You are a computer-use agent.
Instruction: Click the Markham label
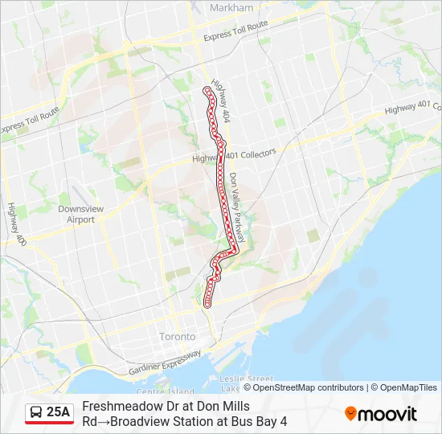(x=231, y=7)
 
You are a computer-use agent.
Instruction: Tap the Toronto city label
(x=177, y=336)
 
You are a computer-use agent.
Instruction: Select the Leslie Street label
(x=250, y=379)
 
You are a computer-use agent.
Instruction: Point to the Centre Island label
(x=166, y=391)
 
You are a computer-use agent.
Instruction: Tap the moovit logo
(x=381, y=414)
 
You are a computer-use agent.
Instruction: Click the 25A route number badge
(x=59, y=412)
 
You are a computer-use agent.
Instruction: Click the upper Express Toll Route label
(x=235, y=31)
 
